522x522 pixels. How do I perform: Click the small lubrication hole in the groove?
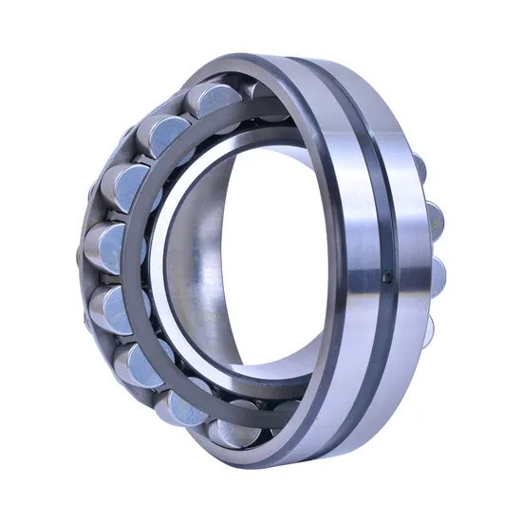point(387,278)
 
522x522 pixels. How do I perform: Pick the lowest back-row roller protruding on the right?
point(429,327)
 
